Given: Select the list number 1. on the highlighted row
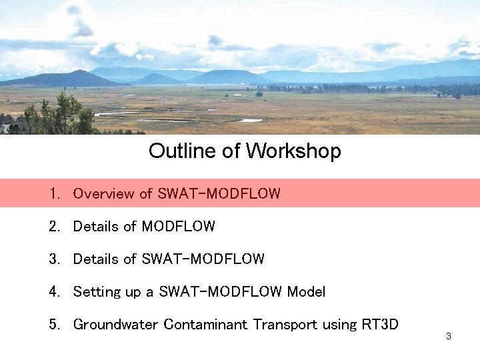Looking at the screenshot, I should tap(54, 194).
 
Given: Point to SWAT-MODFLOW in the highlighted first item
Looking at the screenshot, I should tap(219, 194).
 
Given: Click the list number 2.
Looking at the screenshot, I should tap(54, 227).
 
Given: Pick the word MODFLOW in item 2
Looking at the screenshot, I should tap(179, 227).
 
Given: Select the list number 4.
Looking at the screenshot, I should tap(54, 292).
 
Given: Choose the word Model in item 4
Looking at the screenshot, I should tap(306, 292).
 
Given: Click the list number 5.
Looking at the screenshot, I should tap(54, 325).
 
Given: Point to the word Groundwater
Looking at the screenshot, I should tap(116, 325).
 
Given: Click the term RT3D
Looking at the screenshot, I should tap(380, 325).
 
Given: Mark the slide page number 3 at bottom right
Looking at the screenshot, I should tap(449, 336).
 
